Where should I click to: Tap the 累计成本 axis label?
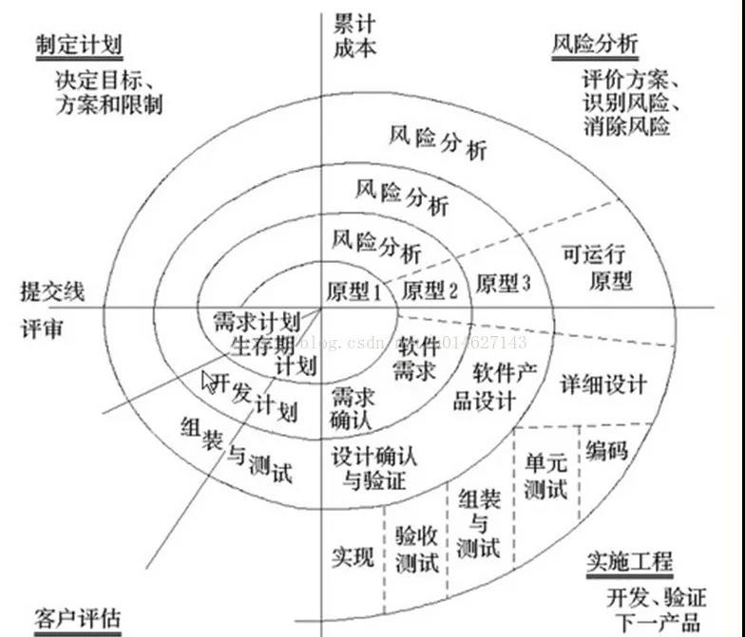pyautogui.click(x=354, y=34)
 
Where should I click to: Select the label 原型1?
pyautogui.click(x=353, y=290)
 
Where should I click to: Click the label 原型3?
pyautogui.click(x=503, y=284)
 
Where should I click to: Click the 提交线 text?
pyautogui.click(x=51, y=290)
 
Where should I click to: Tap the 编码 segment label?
pyautogui.click(x=607, y=450)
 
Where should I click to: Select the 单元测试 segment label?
pyautogui.click(x=545, y=476)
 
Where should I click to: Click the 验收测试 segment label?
pyautogui.click(x=416, y=550)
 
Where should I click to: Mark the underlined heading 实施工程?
pyautogui.click(x=629, y=562)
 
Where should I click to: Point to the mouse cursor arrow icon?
pyautogui.click(x=210, y=382)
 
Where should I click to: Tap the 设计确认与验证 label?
pyautogui.click(x=373, y=467)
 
